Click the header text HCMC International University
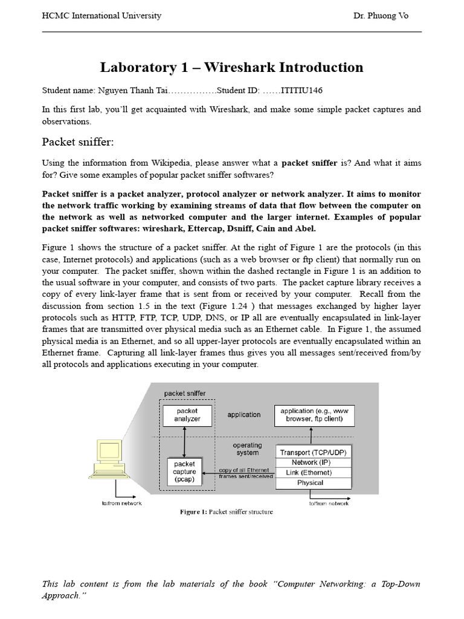point(101,16)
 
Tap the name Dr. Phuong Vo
point(381,16)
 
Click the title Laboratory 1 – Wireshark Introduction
point(231,67)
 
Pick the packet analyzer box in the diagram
point(187,415)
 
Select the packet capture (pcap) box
point(184,472)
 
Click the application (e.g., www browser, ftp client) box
point(314,415)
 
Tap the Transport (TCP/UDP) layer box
point(313,452)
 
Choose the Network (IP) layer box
point(313,462)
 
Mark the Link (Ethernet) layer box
point(313,473)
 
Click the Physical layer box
point(313,483)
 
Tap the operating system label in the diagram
point(247,449)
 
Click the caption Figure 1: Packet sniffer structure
point(227,512)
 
